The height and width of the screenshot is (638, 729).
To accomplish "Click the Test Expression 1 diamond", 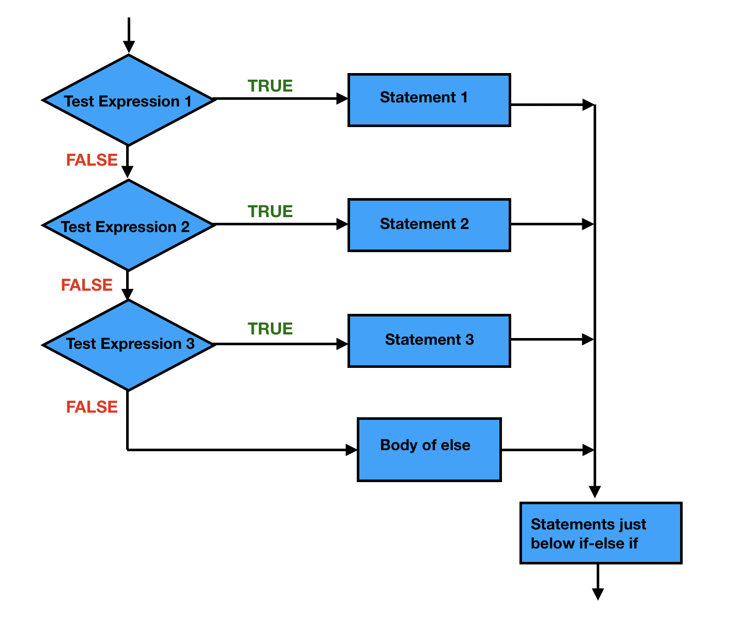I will coord(128,100).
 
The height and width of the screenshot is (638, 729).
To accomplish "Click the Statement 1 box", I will coord(429,100).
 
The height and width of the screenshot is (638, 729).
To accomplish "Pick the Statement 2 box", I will coord(429,225).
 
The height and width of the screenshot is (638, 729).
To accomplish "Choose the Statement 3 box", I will coord(429,341).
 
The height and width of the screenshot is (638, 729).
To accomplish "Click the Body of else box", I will coord(429,449).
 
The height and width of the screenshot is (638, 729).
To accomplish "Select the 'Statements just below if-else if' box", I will coord(600,533).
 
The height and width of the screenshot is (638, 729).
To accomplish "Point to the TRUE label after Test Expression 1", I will coord(270,86).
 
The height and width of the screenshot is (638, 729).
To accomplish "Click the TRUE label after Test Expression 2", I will coord(270,211).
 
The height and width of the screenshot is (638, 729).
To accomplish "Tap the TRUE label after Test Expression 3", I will coord(270,329).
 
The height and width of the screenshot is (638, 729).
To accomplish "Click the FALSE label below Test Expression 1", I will coord(92,160).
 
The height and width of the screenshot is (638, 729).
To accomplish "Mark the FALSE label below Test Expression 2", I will coord(86,285).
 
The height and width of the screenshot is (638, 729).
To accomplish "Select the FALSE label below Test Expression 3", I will coord(92,407).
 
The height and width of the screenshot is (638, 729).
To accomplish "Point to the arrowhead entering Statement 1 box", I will coord(342,99).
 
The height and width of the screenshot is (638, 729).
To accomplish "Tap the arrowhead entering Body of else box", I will coord(352,450).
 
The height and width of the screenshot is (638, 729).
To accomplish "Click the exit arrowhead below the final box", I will coord(598,594).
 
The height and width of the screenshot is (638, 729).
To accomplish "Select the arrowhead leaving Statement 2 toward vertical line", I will coord(588,224).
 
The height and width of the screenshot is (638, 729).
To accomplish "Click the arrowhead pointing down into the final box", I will coord(595,492).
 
